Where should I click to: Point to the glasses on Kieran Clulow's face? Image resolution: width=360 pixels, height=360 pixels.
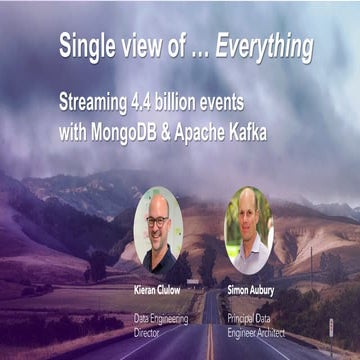157,221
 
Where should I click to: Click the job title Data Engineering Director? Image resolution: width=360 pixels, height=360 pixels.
157,322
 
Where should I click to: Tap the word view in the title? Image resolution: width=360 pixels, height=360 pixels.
146,46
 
